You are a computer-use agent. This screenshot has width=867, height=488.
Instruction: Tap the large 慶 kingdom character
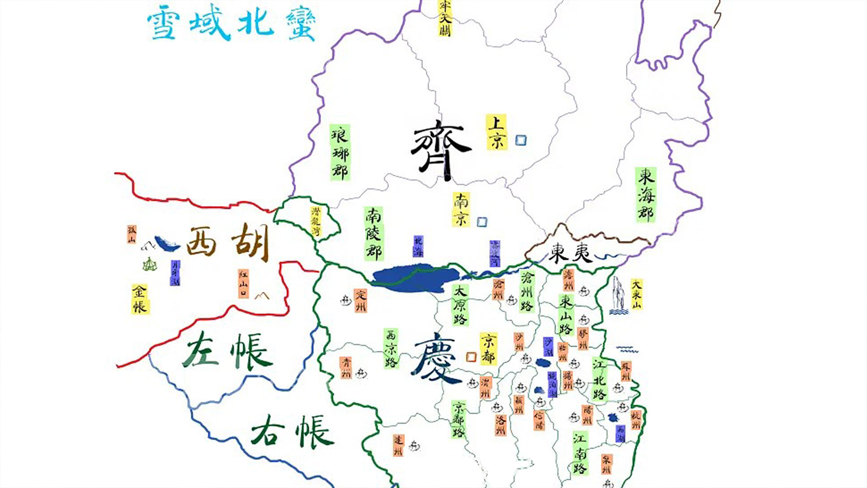(436, 358)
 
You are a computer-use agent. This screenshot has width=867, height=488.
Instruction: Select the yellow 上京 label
(496, 132)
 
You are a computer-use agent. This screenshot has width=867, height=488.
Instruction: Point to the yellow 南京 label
(461, 209)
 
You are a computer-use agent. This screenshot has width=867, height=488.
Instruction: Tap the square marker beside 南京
(482, 222)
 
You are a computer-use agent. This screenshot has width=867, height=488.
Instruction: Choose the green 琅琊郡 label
(340, 153)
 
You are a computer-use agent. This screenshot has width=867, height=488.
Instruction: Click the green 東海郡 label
(646, 195)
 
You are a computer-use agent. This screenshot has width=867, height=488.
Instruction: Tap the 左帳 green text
(227, 352)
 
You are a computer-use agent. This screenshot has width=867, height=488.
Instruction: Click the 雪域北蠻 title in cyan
(231, 25)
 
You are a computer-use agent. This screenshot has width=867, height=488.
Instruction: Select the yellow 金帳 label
(140, 299)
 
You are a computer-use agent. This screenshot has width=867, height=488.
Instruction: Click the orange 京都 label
(488, 348)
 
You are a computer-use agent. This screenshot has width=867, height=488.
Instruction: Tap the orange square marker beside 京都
(471, 357)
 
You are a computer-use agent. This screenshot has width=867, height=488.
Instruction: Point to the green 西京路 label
(391, 348)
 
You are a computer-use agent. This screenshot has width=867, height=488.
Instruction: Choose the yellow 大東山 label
(636, 294)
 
